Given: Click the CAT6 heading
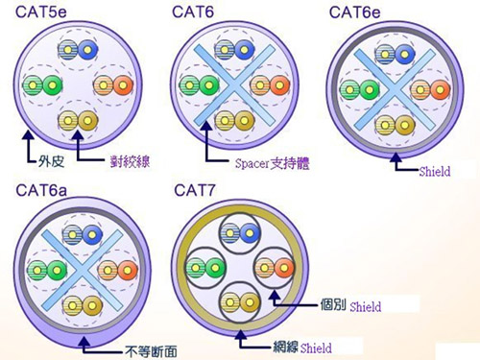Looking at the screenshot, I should click(x=197, y=12).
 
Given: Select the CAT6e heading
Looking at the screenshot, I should click(x=356, y=12).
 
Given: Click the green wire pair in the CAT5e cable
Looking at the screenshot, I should click(x=39, y=85).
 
